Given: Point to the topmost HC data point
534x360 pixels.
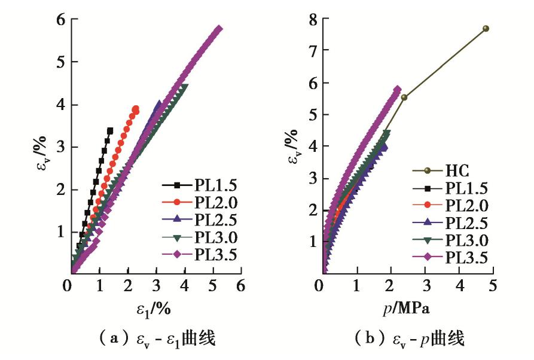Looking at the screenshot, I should [486, 28].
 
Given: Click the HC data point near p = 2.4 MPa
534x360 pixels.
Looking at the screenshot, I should [404, 97].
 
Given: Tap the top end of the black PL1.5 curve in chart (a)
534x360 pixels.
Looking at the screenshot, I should [110, 130].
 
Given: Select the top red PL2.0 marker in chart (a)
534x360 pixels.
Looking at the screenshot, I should [136, 109].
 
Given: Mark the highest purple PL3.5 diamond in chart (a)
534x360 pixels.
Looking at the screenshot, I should [219, 29].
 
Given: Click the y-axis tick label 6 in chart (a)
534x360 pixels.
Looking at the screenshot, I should [60, 20].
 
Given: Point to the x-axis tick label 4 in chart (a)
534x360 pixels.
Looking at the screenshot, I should [185, 286].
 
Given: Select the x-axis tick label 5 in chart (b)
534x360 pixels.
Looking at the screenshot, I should [493, 286].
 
